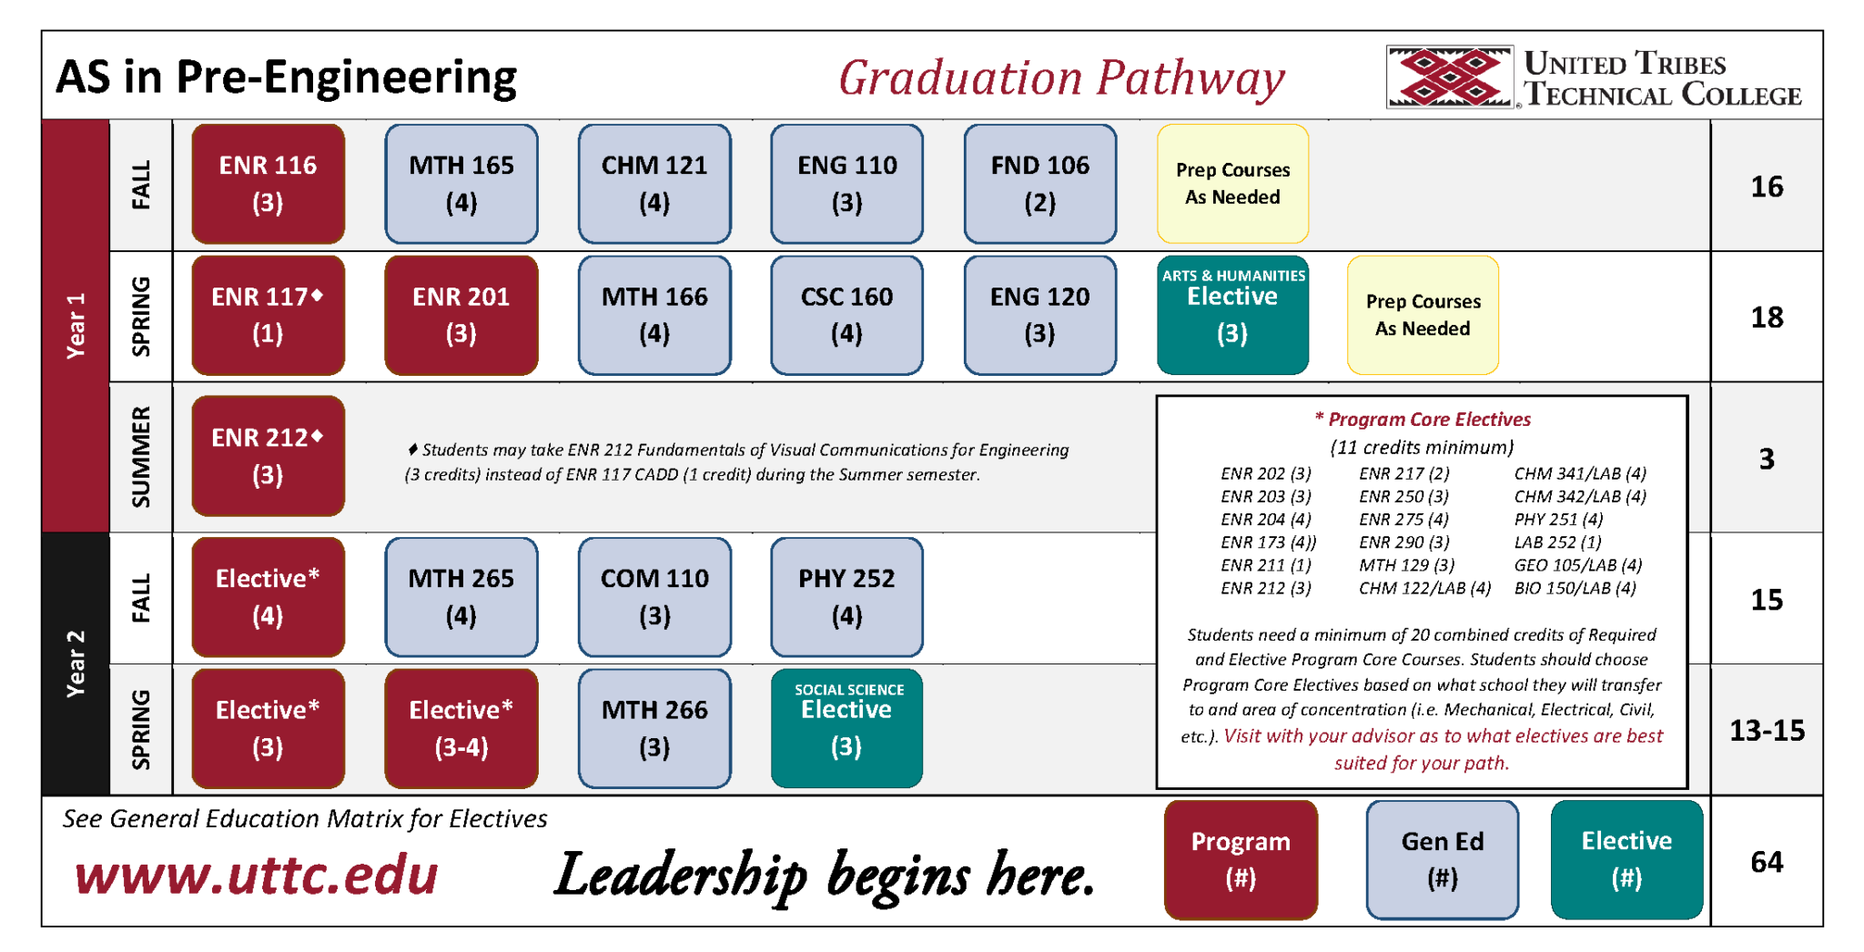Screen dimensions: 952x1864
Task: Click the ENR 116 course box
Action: [x=268, y=184]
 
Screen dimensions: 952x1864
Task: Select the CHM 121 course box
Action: [x=653, y=184]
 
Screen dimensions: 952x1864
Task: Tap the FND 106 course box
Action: [x=1039, y=184]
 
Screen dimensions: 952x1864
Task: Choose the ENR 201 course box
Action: [x=461, y=315]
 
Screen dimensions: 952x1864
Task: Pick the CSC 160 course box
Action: [x=846, y=315]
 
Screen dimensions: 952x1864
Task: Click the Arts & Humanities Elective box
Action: [x=1232, y=315]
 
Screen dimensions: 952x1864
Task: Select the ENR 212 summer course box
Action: [x=268, y=456]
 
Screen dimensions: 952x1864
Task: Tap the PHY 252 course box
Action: [x=846, y=597]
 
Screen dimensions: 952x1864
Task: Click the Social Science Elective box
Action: [x=846, y=728]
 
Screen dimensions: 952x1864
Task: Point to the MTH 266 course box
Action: [x=653, y=728]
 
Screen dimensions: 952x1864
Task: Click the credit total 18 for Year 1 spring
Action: [x=1767, y=318]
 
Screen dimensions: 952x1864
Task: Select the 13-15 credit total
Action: [x=1767, y=731]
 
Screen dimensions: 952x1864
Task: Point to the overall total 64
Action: [x=1767, y=862]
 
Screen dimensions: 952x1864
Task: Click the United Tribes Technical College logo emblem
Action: [x=1449, y=78]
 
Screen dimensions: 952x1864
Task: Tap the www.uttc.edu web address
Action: [x=256, y=876]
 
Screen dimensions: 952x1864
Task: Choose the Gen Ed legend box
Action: [x=1442, y=860]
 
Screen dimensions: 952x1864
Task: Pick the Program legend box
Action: [x=1241, y=860]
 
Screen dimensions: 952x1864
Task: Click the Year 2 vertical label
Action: [x=76, y=663]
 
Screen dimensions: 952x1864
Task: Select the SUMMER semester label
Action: [x=141, y=457]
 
